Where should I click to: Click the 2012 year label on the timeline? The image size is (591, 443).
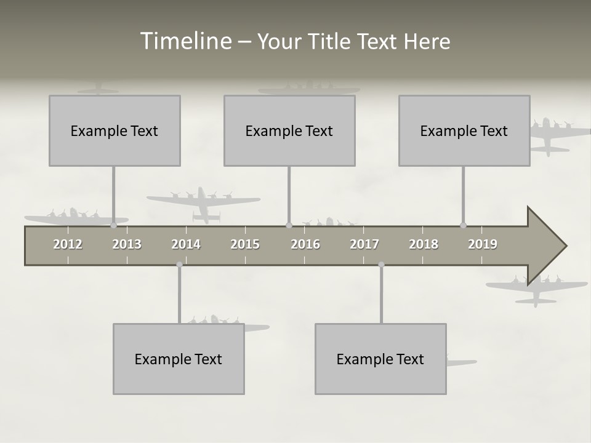pyautogui.click(x=68, y=244)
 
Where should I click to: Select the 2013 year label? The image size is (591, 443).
pyautogui.click(x=127, y=244)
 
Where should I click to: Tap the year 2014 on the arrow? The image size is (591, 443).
pyautogui.click(x=186, y=244)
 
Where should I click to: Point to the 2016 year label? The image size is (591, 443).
pyautogui.click(x=305, y=244)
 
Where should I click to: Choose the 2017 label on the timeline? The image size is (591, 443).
pyautogui.click(x=364, y=244)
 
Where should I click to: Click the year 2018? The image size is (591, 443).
pyautogui.click(x=424, y=244)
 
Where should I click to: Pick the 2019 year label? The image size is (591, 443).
pyautogui.click(x=483, y=244)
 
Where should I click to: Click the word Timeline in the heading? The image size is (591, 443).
pyautogui.click(x=185, y=41)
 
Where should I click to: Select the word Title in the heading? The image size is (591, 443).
pyautogui.click(x=331, y=42)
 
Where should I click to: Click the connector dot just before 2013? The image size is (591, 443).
pyautogui.click(x=113, y=225)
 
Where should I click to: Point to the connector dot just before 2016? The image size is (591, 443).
pyautogui.click(x=289, y=225)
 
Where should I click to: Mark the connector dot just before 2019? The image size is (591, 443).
pyautogui.click(x=464, y=225)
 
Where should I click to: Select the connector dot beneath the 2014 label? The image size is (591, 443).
pyautogui.click(x=179, y=265)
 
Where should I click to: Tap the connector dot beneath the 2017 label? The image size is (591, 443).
pyautogui.click(x=381, y=265)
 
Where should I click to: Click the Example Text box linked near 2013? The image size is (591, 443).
pyautogui.click(x=115, y=130)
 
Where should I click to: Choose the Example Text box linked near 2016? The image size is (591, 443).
pyautogui.click(x=289, y=130)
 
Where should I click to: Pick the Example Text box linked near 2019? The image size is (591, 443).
pyautogui.click(x=464, y=130)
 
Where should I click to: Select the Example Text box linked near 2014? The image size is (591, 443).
pyautogui.click(x=179, y=359)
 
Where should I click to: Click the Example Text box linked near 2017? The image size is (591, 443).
pyautogui.click(x=380, y=359)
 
